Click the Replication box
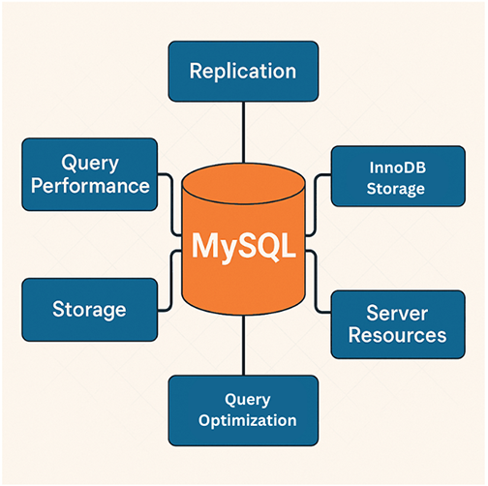pyautogui.click(x=243, y=71)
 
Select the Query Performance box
pyautogui.click(x=90, y=173)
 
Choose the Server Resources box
pyautogui.click(x=397, y=323)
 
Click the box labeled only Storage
pyautogui.click(x=89, y=310)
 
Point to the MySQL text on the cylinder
pyautogui.click(x=244, y=244)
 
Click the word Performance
pyautogui.click(x=90, y=185)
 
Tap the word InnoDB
pyautogui.click(x=395, y=167)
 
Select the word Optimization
pyautogui.click(x=247, y=421)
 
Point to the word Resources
pyautogui.click(x=397, y=336)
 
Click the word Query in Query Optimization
pyautogui.click(x=246, y=398)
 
